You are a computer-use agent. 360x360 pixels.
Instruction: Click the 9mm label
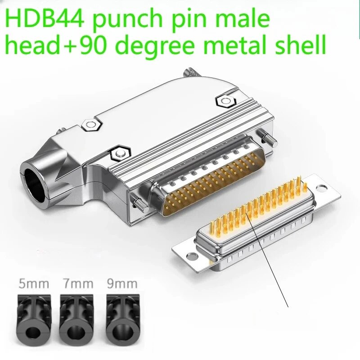click(122, 284)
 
